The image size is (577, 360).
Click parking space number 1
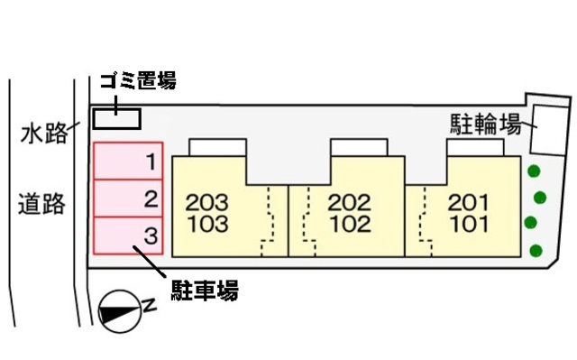point(128,162)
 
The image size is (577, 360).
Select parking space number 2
point(128,198)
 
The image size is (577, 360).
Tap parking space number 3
point(128,235)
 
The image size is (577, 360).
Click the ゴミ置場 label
point(137,81)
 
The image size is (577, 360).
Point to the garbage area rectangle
point(118,118)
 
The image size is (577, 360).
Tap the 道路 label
point(43,204)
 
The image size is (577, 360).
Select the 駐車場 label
point(205,290)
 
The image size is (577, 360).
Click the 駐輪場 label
point(485,125)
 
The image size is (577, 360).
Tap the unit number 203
point(207,202)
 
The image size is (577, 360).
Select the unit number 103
point(207,224)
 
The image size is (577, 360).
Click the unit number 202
point(349,202)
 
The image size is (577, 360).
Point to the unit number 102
point(349,224)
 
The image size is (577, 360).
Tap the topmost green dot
point(534,171)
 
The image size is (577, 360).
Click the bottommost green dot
point(537,251)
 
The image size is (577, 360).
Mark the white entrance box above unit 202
point(359,147)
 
